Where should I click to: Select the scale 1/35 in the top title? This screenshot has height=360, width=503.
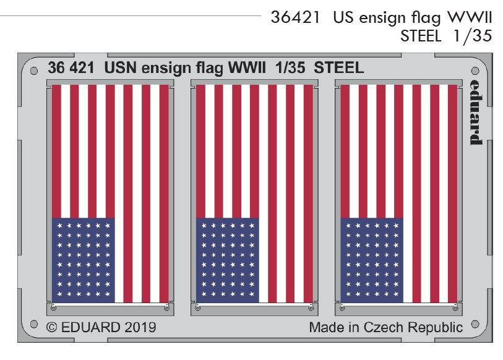tap(473, 36)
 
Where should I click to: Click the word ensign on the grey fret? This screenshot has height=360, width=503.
tap(171, 69)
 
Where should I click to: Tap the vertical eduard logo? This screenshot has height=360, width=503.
tap(475, 112)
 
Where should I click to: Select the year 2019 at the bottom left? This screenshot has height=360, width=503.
tap(139, 327)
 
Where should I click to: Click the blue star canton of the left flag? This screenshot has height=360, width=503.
tap(84, 260)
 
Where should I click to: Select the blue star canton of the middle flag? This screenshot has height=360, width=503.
tap(228, 260)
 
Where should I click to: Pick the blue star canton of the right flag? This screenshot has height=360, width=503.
tap(372, 260)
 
